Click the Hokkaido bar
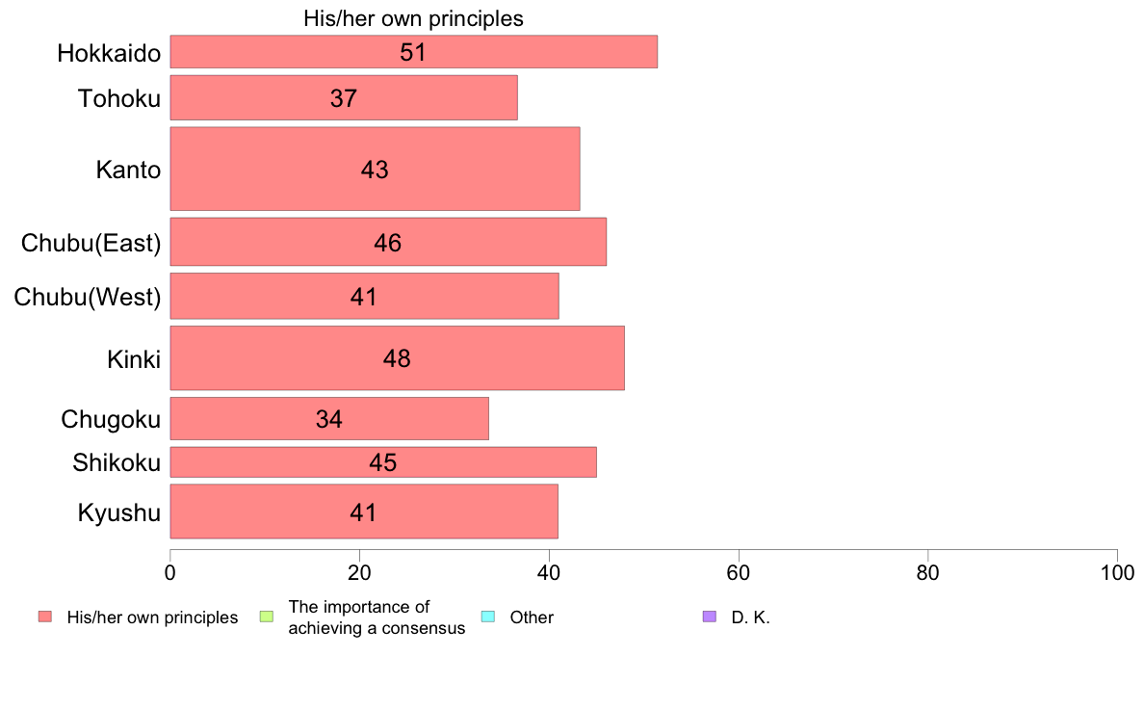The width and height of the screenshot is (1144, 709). click(x=413, y=52)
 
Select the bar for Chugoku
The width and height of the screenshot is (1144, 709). click(x=328, y=419)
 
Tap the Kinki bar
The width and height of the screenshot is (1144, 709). click(x=397, y=358)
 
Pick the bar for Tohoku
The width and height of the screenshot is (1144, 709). click(x=343, y=97)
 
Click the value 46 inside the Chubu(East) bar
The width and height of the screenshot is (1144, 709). click(x=387, y=243)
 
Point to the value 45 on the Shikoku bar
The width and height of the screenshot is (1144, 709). click(x=382, y=462)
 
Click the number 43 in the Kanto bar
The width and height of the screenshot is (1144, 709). click(x=375, y=170)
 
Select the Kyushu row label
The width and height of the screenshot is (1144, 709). click(x=119, y=512)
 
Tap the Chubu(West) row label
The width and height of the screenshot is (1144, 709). click(x=88, y=297)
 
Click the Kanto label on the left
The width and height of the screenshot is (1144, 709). click(x=128, y=171)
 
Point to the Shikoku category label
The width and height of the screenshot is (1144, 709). click(x=117, y=463)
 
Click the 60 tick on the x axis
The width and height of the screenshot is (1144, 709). click(x=739, y=572)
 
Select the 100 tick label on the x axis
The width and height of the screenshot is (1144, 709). click(x=1117, y=572)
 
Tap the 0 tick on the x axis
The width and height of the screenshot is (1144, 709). click(x=170, y=572)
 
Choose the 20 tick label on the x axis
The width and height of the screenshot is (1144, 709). click(x=359, y=572)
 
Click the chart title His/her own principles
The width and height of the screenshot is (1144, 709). click(x=413, y=18)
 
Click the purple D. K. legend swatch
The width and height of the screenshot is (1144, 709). click(x=710, y=617)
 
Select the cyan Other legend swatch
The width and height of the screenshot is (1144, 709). click(x=487, y=617)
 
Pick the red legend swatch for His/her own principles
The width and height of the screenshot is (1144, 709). click(x=44, y=617)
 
